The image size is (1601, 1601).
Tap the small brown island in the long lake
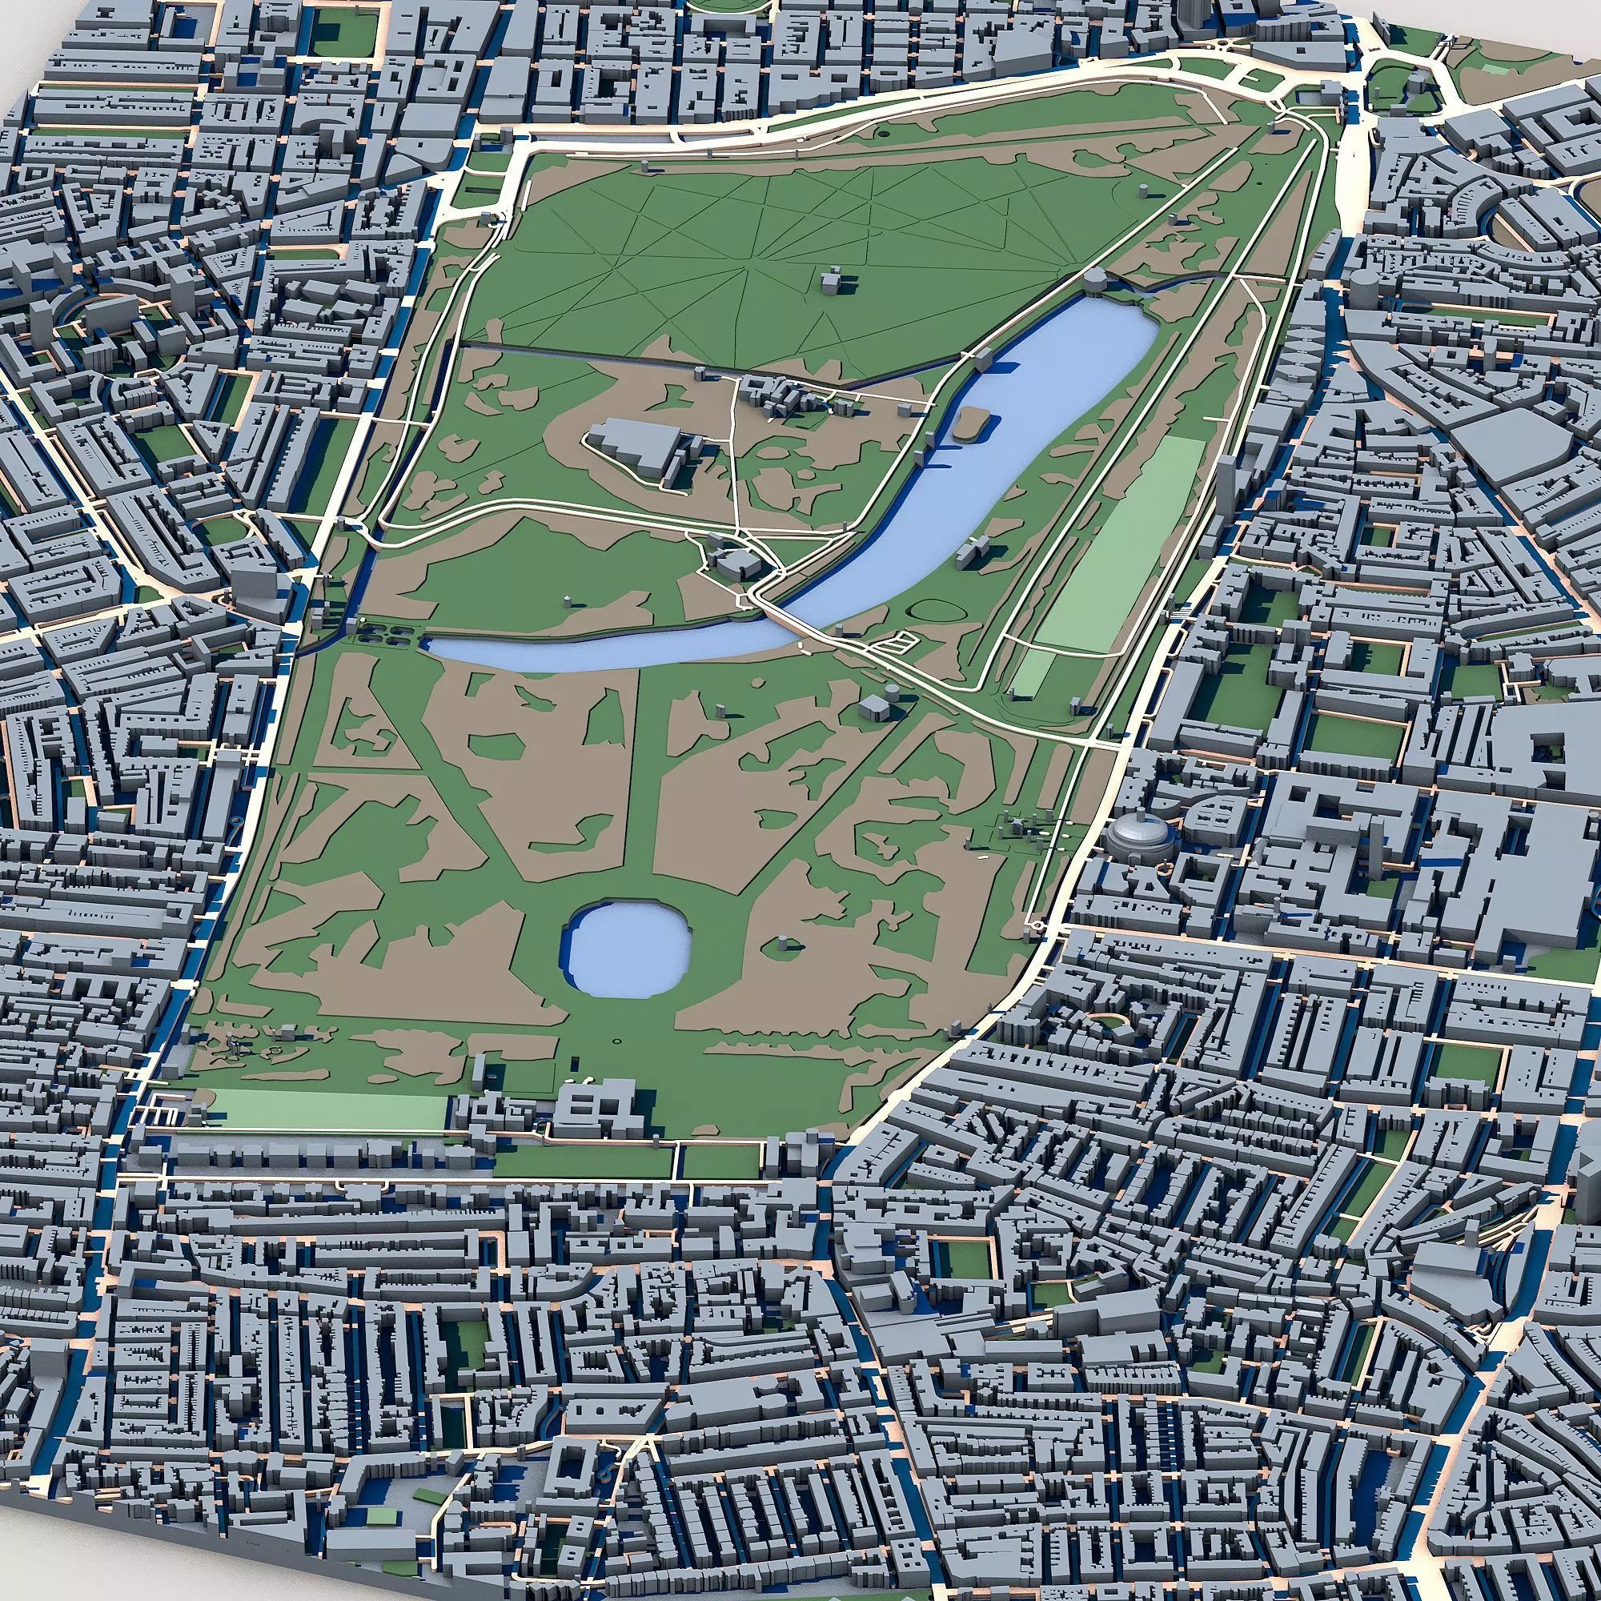(x=969, y=424)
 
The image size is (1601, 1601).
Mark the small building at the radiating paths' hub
(x=831, y=282)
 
